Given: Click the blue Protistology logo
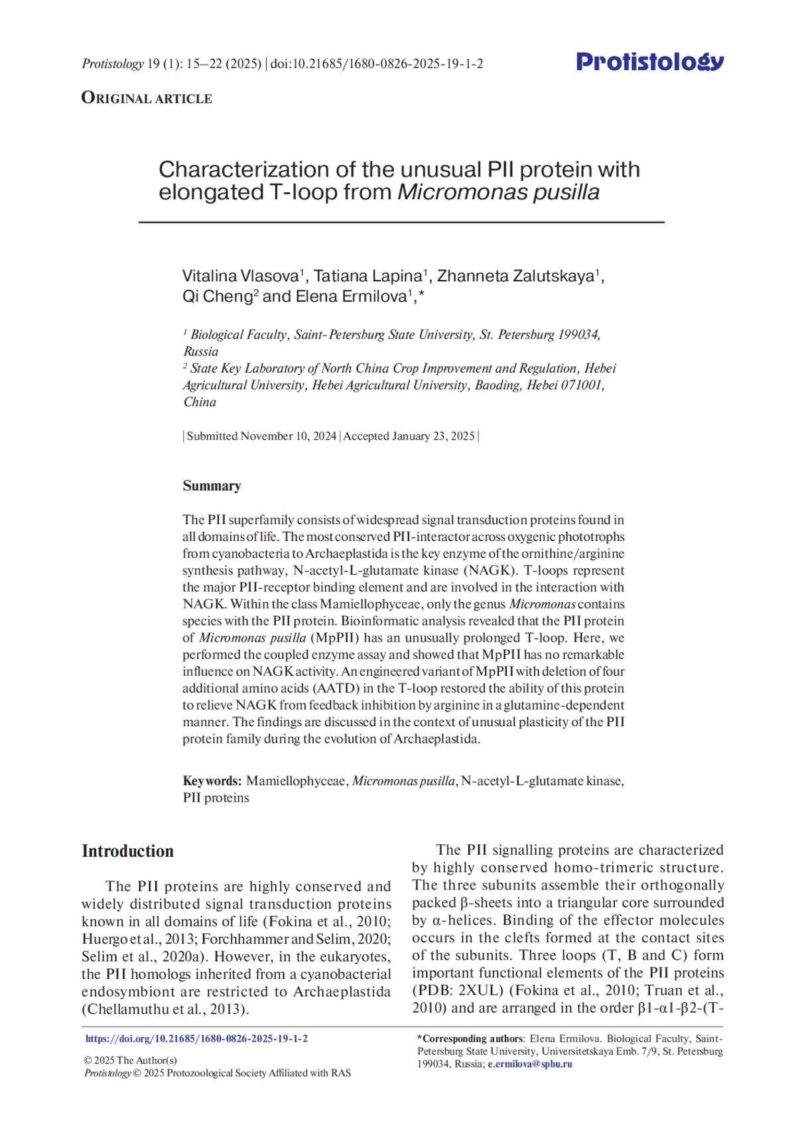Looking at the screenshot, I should (649, 62).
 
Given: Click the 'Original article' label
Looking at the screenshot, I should (147, 98).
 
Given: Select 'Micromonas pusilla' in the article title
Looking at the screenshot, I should (498, 192).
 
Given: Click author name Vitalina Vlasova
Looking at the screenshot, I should (240, 276).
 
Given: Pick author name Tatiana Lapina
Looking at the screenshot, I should (367, 276).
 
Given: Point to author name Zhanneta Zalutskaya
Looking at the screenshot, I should (515, 276).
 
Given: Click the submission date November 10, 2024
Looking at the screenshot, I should (288, 436).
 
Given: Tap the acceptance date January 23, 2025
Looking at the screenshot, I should (433, 436).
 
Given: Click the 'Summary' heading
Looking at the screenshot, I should (212, 485).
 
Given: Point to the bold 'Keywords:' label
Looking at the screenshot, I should (212, 781).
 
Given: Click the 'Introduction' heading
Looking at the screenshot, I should (127, 851).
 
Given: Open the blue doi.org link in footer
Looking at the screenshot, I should (196, 1039).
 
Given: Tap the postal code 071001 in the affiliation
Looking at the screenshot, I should (582, 385).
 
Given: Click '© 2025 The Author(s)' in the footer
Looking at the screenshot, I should (131, 1060).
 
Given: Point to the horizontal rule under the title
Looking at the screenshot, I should (401, 222).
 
